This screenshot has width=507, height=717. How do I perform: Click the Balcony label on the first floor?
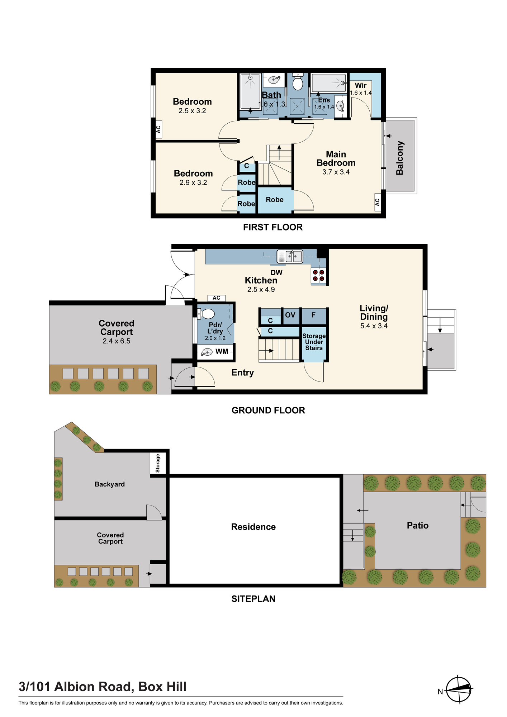[x=400, y=158]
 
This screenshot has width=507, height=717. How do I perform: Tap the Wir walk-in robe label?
[x=361, y=85]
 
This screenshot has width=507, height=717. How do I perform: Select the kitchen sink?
[x=290, y=257]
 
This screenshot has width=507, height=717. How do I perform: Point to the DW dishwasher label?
[x=276, y=272]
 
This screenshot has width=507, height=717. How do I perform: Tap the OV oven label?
[x=290, y=315]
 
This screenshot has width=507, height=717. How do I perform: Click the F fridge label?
[x=313, y=315]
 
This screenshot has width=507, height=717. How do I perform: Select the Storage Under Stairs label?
[x=314, y=342]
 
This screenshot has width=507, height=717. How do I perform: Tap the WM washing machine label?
[x=222, y=351]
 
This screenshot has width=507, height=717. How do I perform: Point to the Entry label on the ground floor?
[x=243, y=372]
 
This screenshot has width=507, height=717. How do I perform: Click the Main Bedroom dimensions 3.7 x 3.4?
[x=336, y=172]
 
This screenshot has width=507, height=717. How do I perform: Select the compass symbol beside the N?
[x=459, y=689]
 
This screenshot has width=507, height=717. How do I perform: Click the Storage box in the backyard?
[x=158, y=463]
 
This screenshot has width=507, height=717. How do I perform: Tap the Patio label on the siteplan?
[x=418, y=526]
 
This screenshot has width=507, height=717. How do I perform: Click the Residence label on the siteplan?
[x=253, y=527]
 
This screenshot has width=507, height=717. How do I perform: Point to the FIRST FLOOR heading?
[x=273, y=227]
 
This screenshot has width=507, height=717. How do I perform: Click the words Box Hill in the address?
[x=162, y=687]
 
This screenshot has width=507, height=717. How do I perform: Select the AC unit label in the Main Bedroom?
[x=377, y=202]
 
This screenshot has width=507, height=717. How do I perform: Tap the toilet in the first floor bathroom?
[x=298, y=82]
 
